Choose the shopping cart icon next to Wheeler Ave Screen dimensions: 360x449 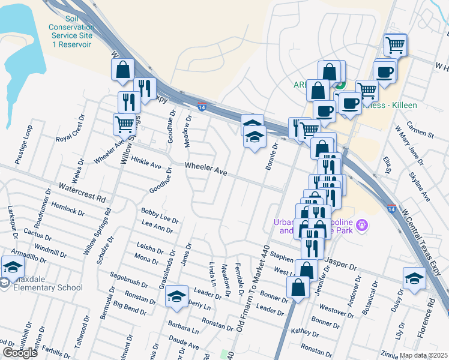tap(124, 124)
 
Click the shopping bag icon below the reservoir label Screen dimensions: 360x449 tap(122, 70)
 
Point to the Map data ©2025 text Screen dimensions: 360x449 tap(424, 355)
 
